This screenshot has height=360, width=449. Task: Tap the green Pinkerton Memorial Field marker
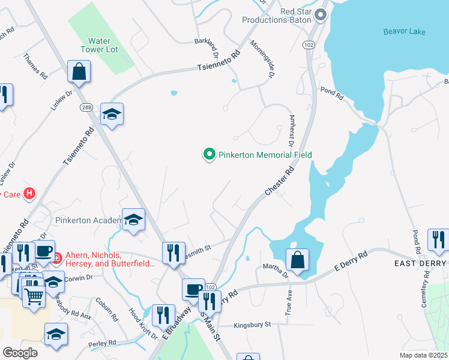point(209,155)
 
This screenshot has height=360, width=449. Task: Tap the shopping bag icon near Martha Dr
point(297,260)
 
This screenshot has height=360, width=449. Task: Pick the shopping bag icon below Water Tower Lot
point(79,72)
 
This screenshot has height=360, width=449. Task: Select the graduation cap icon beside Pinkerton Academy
point(133,220)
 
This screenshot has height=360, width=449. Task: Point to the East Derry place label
point(420,263)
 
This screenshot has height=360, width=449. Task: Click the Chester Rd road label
point(280,181)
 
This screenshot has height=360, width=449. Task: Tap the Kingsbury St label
point(253,325)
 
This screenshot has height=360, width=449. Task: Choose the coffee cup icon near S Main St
point(193,290)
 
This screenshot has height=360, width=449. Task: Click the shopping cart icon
point(34,295)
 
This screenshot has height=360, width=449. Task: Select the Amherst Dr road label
point(291,131)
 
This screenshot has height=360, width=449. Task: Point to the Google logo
point(20,353)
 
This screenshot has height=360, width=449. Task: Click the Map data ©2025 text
point(423,355)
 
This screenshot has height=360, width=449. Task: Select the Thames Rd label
point(35,67)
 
